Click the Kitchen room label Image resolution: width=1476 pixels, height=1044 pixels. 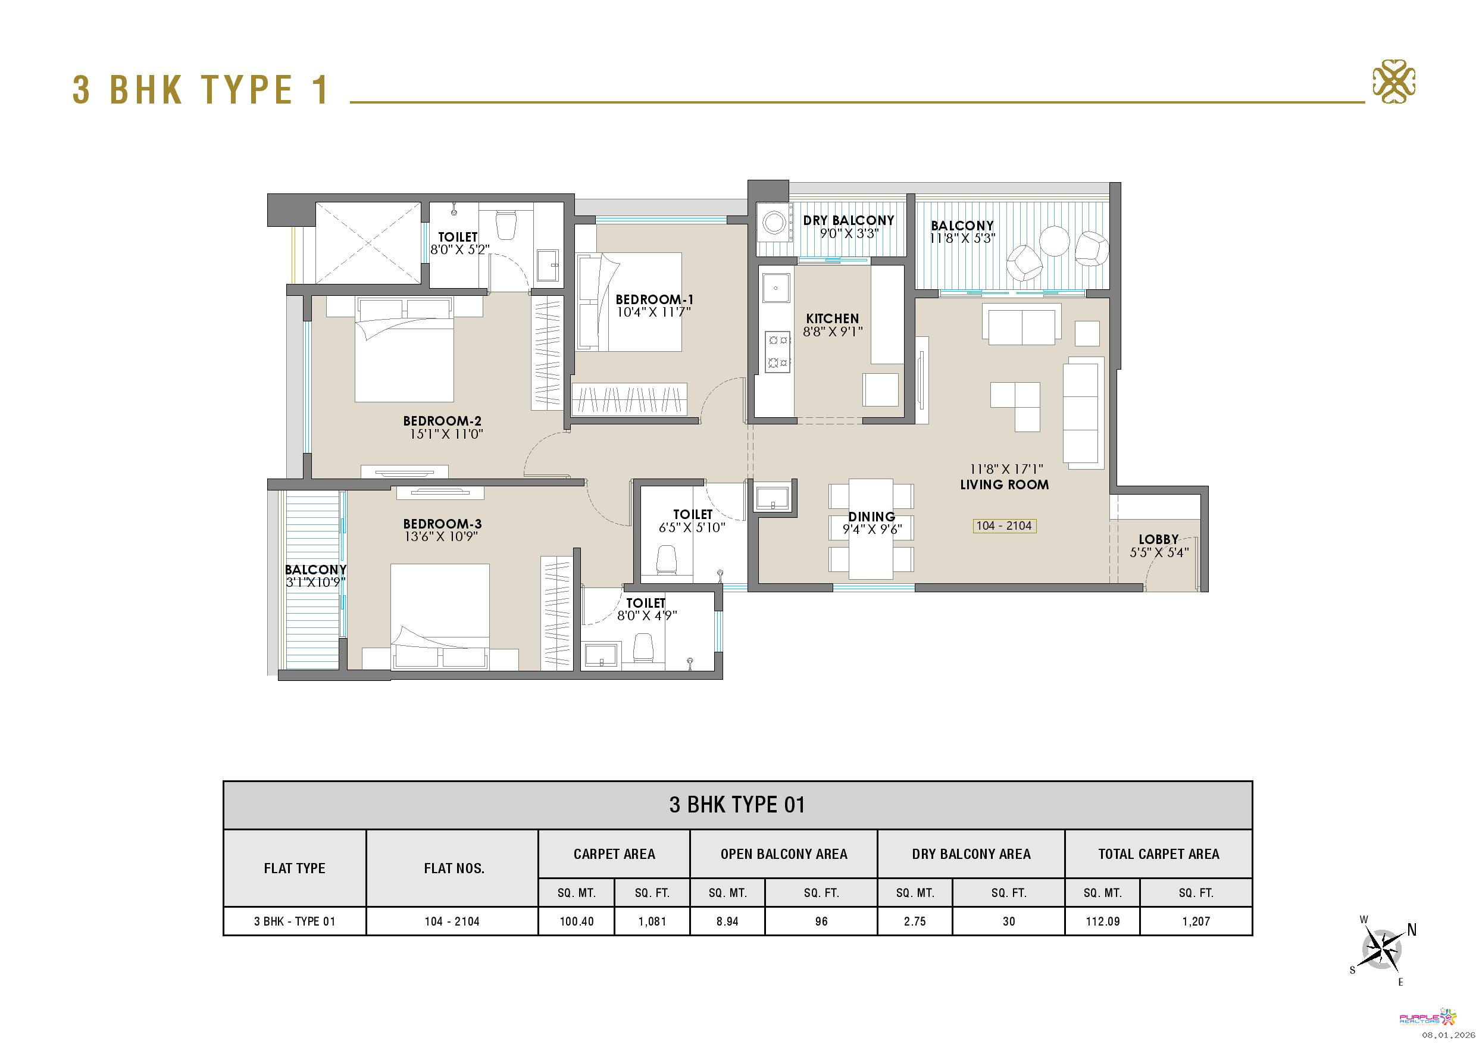coord(832,318)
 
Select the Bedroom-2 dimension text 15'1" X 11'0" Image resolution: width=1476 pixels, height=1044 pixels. coord(446,434)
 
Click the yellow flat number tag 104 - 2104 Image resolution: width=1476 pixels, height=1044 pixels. coord(1004,526)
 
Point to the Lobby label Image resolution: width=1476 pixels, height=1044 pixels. coord(1158,539)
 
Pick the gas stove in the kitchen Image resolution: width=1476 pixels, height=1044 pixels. coord(777,352)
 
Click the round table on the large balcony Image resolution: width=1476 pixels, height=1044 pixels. coord(1054,241)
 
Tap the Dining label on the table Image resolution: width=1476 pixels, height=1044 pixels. coord(871,516)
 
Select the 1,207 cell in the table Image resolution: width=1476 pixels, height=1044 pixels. coord(1196,921)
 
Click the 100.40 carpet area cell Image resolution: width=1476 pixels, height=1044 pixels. coord(577,921)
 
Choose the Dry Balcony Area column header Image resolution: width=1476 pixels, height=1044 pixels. coord(971,854)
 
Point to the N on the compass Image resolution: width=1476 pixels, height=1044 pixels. coord(1412,930)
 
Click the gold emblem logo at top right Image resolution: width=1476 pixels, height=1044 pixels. coord(1394,83)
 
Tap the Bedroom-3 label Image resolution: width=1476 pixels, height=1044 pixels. coord(442,524)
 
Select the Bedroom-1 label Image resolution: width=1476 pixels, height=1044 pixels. coord(655,299)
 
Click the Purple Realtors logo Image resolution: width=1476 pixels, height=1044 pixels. coord(1427,1017)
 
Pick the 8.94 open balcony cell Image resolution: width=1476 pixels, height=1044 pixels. coord(727,921)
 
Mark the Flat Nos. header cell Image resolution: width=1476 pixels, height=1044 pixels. coord(454,868)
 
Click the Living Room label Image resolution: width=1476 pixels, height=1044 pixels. coord(1004,485)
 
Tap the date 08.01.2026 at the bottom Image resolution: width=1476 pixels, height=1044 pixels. coord(1449,1035)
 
